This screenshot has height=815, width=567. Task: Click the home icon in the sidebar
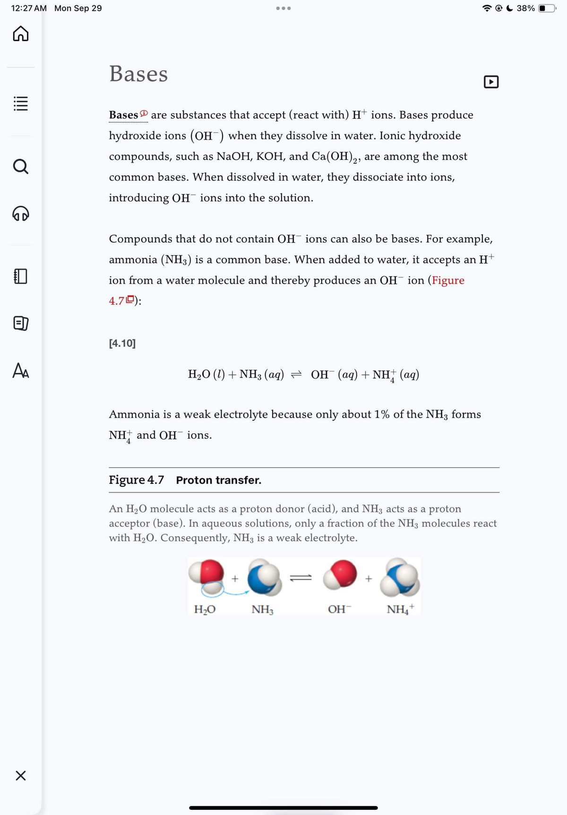[20, 34]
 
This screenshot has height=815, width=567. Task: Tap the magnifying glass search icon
[20, 166]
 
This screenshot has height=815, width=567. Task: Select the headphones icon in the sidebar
[20, 214]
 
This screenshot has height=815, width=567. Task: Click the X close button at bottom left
[20, 775]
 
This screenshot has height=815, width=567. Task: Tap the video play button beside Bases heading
[491, 82]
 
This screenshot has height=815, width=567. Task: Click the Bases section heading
[138, 74]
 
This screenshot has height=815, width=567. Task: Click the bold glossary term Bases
[123, 115]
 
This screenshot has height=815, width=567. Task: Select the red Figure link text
[448, 280]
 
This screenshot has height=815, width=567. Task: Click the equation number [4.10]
[122, 343]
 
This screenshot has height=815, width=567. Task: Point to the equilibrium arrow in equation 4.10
[296, 375]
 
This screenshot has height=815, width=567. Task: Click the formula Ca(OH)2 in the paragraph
[336, 157]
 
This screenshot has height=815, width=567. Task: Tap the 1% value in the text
[382, 414]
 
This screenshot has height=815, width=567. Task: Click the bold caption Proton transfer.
[218, 480]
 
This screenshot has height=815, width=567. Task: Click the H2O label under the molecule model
[205, 609]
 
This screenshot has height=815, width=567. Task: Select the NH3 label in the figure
[262, 609]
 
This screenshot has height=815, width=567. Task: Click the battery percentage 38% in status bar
[525, 8]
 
